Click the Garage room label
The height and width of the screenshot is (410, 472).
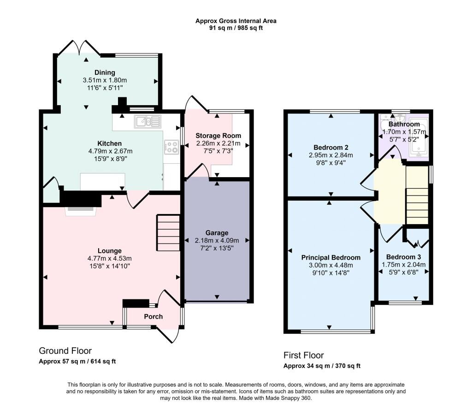click(x=217, y=232)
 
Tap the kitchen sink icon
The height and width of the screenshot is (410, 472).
click(x=148, y=121)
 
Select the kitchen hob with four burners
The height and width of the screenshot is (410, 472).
click(x=171, y=147)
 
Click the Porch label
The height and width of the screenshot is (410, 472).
click(x=153, y=316)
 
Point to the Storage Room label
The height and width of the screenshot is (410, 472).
click(x=218, y=136)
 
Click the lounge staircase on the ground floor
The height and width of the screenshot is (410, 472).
click(x=168, y=232)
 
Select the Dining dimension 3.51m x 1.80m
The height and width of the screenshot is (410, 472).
click(x=105, y=80)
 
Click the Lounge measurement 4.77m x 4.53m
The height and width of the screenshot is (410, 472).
click(x=110, y=258)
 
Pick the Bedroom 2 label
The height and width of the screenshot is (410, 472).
click(x=331, y=147)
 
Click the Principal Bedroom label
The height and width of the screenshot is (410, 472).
click(x=331, y=257)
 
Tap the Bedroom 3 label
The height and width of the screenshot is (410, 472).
click(x=404, y=257)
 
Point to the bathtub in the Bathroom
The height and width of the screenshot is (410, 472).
click(x=419, y=138)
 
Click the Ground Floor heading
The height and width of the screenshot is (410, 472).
click(x=65, y=351)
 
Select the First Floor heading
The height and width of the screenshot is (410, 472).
click(x=303, y=355)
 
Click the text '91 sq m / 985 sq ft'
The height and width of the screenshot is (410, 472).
click(x=236, y=28)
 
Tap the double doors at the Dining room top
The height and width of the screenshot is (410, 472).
click(x=79, y=48)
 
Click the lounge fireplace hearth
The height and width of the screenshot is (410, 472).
click(x=81, y=211)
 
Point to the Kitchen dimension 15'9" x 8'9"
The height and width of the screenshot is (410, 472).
click(x=111, y=159)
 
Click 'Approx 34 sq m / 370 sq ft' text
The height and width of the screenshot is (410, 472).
click(x=322, y=366)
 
